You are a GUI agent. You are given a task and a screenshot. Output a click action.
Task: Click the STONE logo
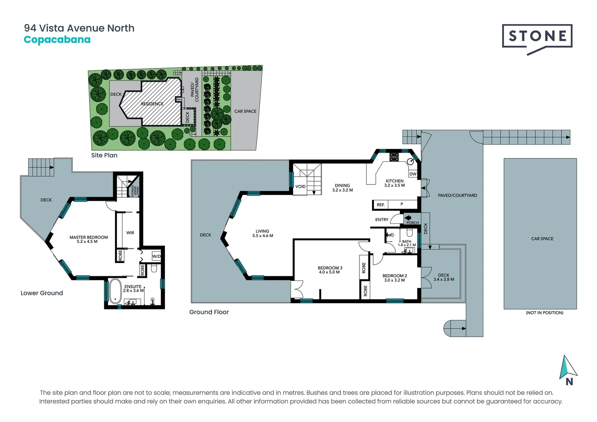click(537, 37)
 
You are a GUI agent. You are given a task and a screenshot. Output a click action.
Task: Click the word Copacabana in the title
click(57, 40)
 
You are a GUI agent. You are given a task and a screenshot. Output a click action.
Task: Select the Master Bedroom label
click(89, 237)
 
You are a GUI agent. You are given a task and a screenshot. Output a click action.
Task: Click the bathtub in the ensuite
click(115, 291)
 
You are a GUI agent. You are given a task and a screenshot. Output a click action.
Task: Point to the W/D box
click(156, 256)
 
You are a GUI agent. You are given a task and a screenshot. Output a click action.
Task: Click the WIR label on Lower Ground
click(130, 233)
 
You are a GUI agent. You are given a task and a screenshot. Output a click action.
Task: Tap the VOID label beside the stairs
click(300, 186)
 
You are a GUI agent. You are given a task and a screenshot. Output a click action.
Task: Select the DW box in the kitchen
click(413, 174)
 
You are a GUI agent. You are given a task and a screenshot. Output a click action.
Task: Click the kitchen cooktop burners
click(394, 157)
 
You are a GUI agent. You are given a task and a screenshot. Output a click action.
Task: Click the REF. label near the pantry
click(381, 205)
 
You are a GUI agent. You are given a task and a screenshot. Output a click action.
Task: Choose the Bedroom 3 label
click(330, 268)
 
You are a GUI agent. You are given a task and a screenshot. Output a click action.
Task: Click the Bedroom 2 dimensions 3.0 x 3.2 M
click(394, 280)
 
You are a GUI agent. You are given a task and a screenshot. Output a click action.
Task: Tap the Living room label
click(263, 231)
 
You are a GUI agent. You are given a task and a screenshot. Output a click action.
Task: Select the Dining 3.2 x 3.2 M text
click(342, 190)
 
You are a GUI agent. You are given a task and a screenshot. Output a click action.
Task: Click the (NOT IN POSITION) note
click(544, 313)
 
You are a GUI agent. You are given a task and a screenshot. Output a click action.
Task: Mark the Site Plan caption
click(104, 155)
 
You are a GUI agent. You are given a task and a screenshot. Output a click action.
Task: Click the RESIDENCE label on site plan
click(152, 104)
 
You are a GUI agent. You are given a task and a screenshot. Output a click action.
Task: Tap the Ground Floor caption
click(209, 312)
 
